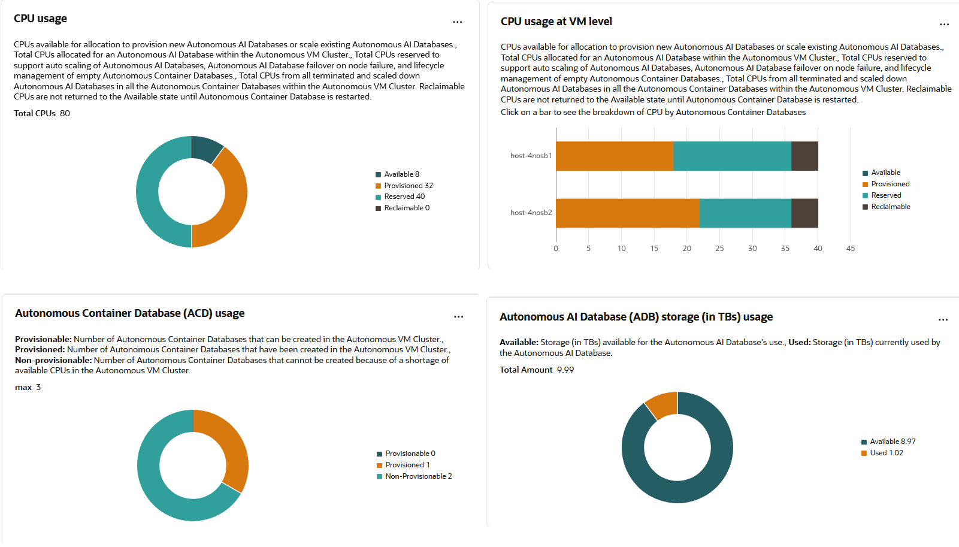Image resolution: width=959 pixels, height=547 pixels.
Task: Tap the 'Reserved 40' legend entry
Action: (404, 197)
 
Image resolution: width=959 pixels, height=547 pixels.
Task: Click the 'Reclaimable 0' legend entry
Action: (407, 208)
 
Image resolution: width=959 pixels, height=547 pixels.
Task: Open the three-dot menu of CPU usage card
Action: (458, 22)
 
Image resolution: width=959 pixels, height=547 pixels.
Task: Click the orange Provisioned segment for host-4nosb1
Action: (614, 156)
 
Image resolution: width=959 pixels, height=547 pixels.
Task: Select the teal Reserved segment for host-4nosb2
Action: (745, 213)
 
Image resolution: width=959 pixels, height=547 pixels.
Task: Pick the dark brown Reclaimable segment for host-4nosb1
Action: (804, 156)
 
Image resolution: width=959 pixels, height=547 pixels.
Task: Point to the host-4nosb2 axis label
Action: (531, 213)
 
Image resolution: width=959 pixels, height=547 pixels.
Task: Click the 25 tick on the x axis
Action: (719, 249)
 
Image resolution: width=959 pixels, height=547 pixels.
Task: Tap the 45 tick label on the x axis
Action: (851, 249)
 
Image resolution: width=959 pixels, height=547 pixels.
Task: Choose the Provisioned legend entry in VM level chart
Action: (890, 184)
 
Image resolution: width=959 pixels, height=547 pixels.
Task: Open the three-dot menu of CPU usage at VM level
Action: (945, 25)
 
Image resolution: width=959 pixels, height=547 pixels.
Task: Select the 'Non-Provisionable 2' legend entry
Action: (418, 476)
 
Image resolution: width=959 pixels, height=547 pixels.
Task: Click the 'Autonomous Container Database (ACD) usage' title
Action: (130, 313)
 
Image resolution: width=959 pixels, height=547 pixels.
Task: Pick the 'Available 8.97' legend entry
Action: (893, 442)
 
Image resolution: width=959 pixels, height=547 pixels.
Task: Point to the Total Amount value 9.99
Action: (565, 370)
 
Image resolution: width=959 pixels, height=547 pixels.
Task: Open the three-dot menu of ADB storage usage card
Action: (943, 320)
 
